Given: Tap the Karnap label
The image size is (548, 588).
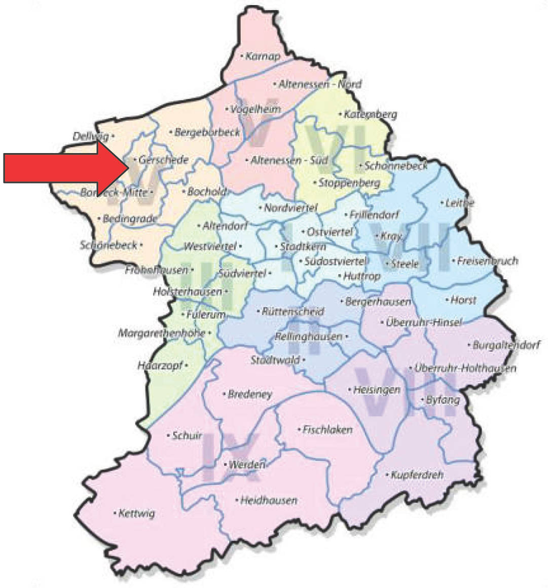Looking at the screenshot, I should pyautogui.click(x=262, y=56).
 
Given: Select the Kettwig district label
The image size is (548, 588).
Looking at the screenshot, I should pyautogui.click(x=136, y=513).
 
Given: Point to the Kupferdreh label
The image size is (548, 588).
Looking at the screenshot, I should pyautogui.click(x=417, y=475).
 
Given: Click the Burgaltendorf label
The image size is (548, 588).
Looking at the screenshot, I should pyautogui.click(x=506, y=345).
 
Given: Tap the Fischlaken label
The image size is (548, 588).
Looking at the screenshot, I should pyautogui.click(x=327, y=429).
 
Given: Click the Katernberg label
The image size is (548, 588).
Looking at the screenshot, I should pyautogui.click(x=370, y=115).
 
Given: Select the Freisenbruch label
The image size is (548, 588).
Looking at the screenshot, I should pyautogui.click(x=487, y=261).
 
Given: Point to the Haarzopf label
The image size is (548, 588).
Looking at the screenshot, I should pyautogui.click(x=160, y=365).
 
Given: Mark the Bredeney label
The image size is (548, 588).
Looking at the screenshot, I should pyautogui.click(x=250, y=394).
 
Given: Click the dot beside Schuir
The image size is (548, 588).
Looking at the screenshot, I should pyautogui.click(x=168, y=435).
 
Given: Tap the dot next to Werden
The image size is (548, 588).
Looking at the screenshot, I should pyautogui.click(x=225, y=464).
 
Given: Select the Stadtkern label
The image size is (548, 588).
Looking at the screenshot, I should pyautogui.click(x=303, y=247).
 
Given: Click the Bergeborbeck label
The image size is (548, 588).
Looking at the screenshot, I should pyautogui.click(x=207, y=132).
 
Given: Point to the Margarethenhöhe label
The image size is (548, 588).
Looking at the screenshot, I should pyautogui.click(x=162, y=333).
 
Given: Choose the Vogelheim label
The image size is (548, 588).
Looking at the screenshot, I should pyautogui.click(x=255, y=109).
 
